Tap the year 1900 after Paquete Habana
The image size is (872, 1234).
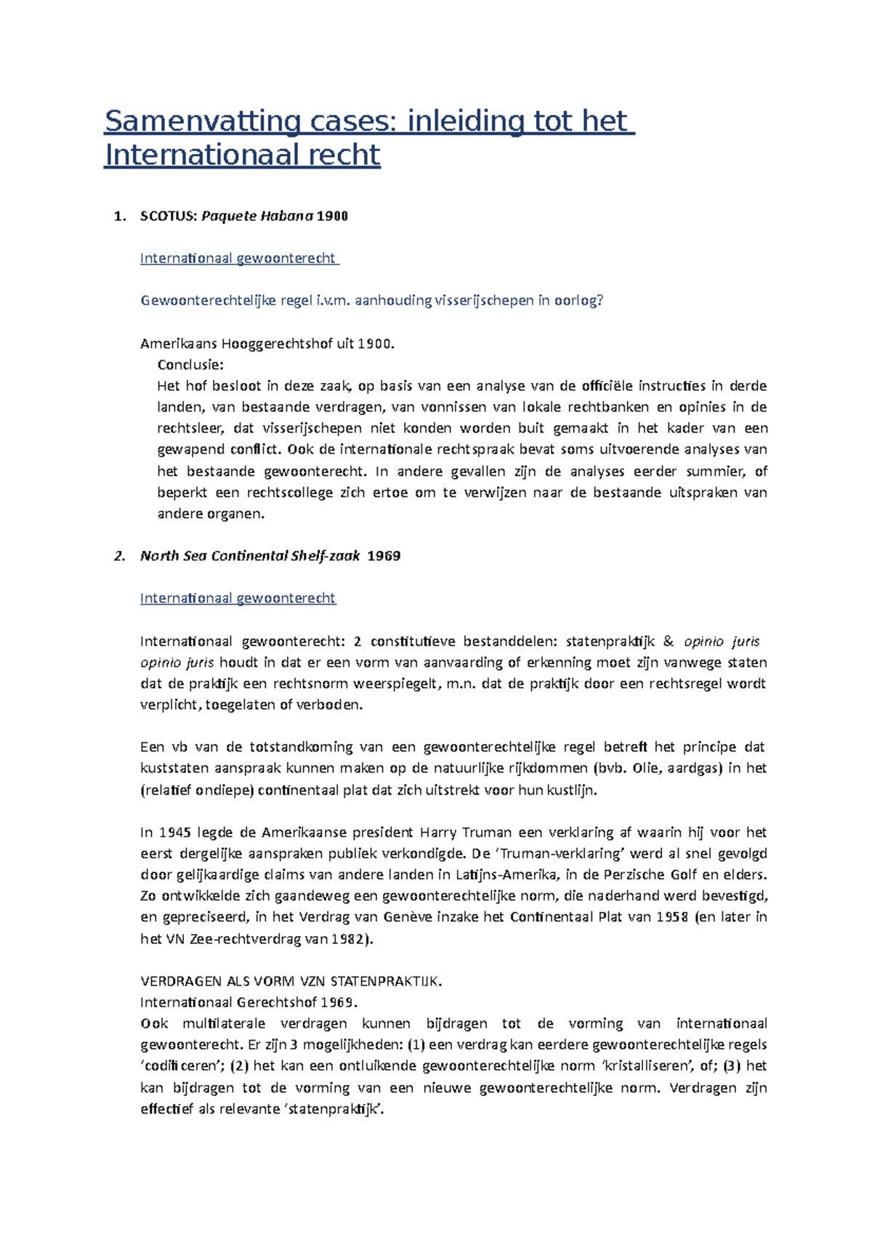point(332,216)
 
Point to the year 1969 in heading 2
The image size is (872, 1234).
point(384,556)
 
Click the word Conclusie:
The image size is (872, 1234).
point(190,365)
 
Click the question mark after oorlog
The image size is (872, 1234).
point(600,301)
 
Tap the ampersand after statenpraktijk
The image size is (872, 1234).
point(669,642)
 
